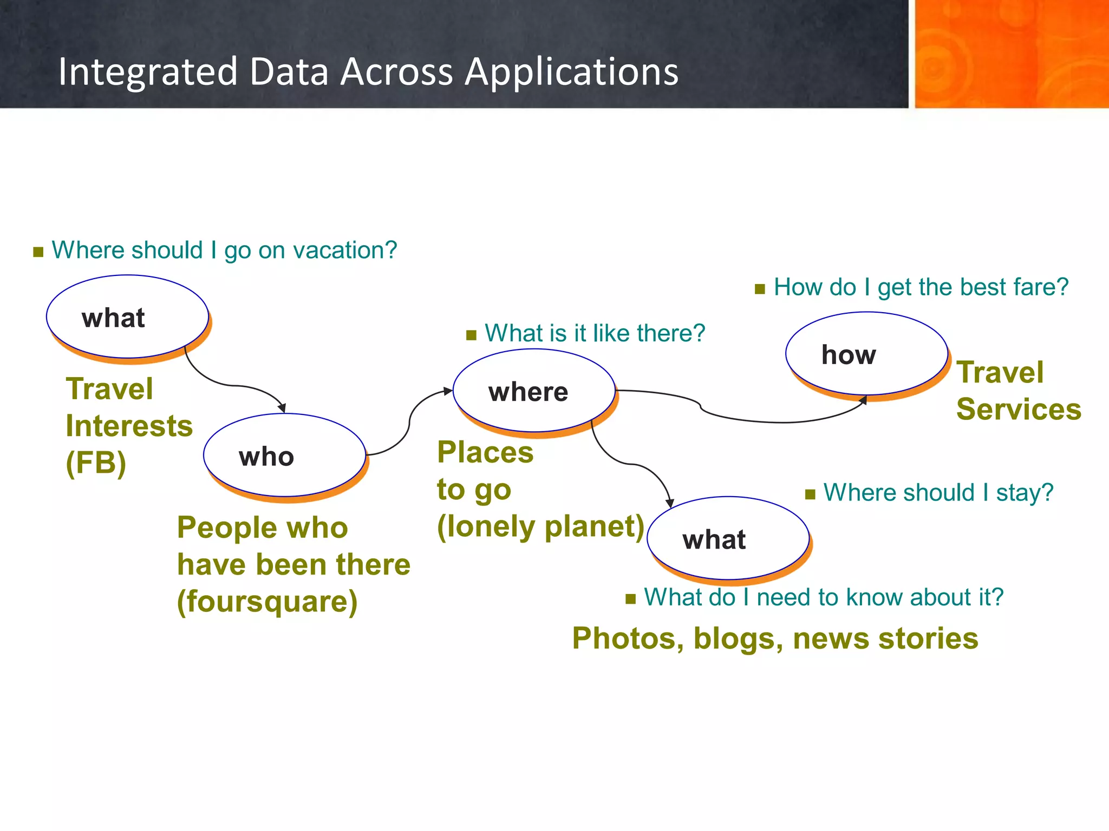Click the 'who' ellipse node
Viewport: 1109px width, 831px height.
coord(285,455)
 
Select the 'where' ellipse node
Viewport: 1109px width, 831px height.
coord(534,390)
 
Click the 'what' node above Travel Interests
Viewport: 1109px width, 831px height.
coord(128,316)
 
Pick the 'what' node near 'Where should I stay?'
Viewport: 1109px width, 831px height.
coord(728,538)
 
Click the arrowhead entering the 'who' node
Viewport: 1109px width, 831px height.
coord(282,408)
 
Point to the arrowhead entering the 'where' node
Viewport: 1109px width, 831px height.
coord(448,391)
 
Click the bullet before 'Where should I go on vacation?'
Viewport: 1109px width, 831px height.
coord(38,252)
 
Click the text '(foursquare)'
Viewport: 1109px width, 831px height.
coord(268,602)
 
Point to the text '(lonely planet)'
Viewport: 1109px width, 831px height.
coord(540,526)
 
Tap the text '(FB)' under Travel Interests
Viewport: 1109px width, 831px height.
coord(96,463)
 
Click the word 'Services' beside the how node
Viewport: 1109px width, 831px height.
coord(1019,409)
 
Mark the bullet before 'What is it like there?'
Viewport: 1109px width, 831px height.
coord(471,335)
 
